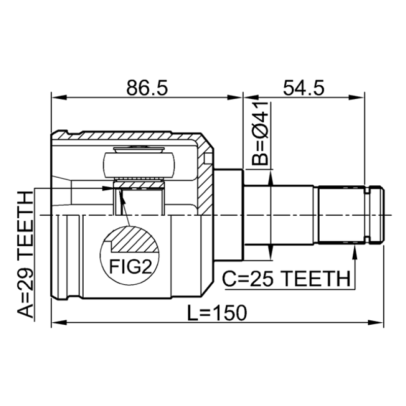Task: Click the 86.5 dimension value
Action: pyautogui.click(x=147, y=87)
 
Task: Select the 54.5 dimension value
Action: pyautogui.click(x=303, y=87)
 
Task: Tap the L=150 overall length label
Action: pyautogui.click(x=217, y=313)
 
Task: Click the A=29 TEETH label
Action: pyautogui.click(x=26, y=255)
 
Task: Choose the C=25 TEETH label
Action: pyautogui.click(x=286, y=279)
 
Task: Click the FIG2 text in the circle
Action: pyautogui.click(x=130, y=267)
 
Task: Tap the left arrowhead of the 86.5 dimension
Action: pyautogui.click(x=59, y=97)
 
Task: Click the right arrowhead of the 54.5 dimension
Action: pyautogui.click(x=357, y=97)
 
